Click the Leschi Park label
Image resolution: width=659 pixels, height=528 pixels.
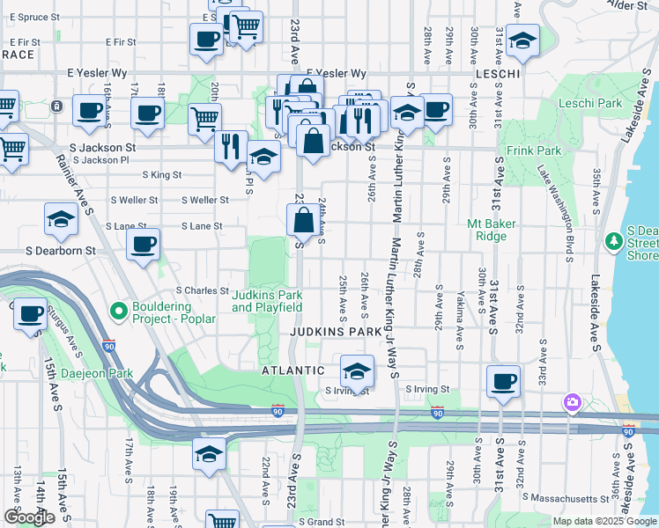tap(591, 103)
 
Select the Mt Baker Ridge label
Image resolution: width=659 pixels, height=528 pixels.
tap(499, 230)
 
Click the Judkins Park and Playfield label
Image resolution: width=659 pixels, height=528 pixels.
tap(267, 301)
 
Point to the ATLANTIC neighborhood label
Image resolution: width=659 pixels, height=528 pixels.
tap(293, 371)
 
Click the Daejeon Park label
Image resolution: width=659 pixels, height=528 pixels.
tap(97, 373)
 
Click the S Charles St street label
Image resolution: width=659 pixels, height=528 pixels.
tap(203, 290)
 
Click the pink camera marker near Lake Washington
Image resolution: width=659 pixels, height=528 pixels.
tap(573, 402)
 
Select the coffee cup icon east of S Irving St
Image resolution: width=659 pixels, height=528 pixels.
tap(503, 381)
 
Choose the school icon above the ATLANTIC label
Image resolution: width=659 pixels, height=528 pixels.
tap(356, 370)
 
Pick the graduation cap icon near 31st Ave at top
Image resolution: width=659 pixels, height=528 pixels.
tap(523, 41)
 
